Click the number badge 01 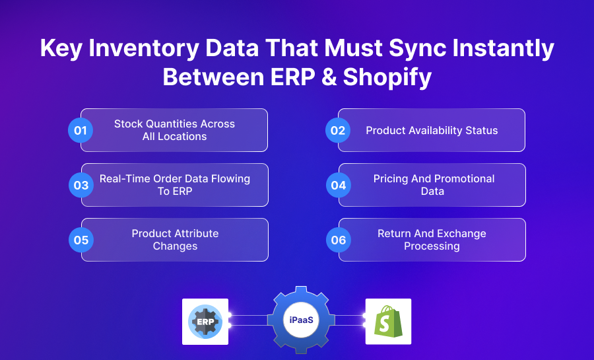tap(81, 130)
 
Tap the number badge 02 tap(338, 130)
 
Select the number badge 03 tap(81, 185)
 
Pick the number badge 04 tap(338, 185)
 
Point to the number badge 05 tap(81, 240)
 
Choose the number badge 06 tap(338, 240)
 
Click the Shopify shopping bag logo tap(388, 322)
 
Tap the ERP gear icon tap(205, 322)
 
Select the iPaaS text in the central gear tap(296, 320)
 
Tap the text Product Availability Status tap(432, 130)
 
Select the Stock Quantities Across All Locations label tap(174, 130)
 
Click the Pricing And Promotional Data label tap(433, 185)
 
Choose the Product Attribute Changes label tap(175, 240)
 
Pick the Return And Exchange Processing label tap(432, 240)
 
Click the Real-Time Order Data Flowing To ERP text tap(175, 185)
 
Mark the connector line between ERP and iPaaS tap(249, 320)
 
